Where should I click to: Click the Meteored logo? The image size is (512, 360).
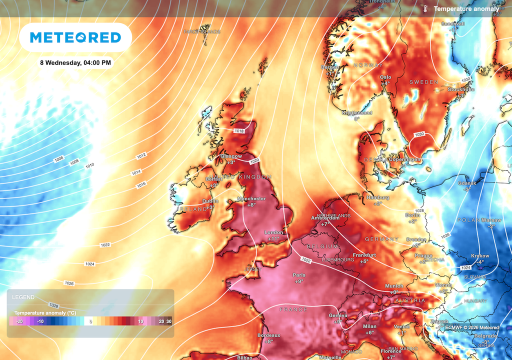(75, 37)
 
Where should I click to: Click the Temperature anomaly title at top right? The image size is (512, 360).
(466, 9)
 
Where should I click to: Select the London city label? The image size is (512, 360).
(273, 232)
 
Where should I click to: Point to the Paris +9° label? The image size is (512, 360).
(299, 278)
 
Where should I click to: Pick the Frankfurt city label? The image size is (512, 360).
(364, 255)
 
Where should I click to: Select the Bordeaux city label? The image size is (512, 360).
(269, 335)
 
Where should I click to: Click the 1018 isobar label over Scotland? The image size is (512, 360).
(239, 130)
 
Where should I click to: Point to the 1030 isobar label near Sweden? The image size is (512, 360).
(419, 134)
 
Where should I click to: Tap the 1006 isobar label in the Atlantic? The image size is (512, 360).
(59, 158)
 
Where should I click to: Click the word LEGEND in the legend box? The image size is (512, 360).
(23, 297)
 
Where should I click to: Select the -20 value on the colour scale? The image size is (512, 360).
(19, 321)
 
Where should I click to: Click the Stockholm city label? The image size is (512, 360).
(460, 89)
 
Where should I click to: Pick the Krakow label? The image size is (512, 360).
(480, 256)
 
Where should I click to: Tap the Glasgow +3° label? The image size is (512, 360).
(231, 159)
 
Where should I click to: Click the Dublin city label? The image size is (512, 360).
(210, 201)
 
